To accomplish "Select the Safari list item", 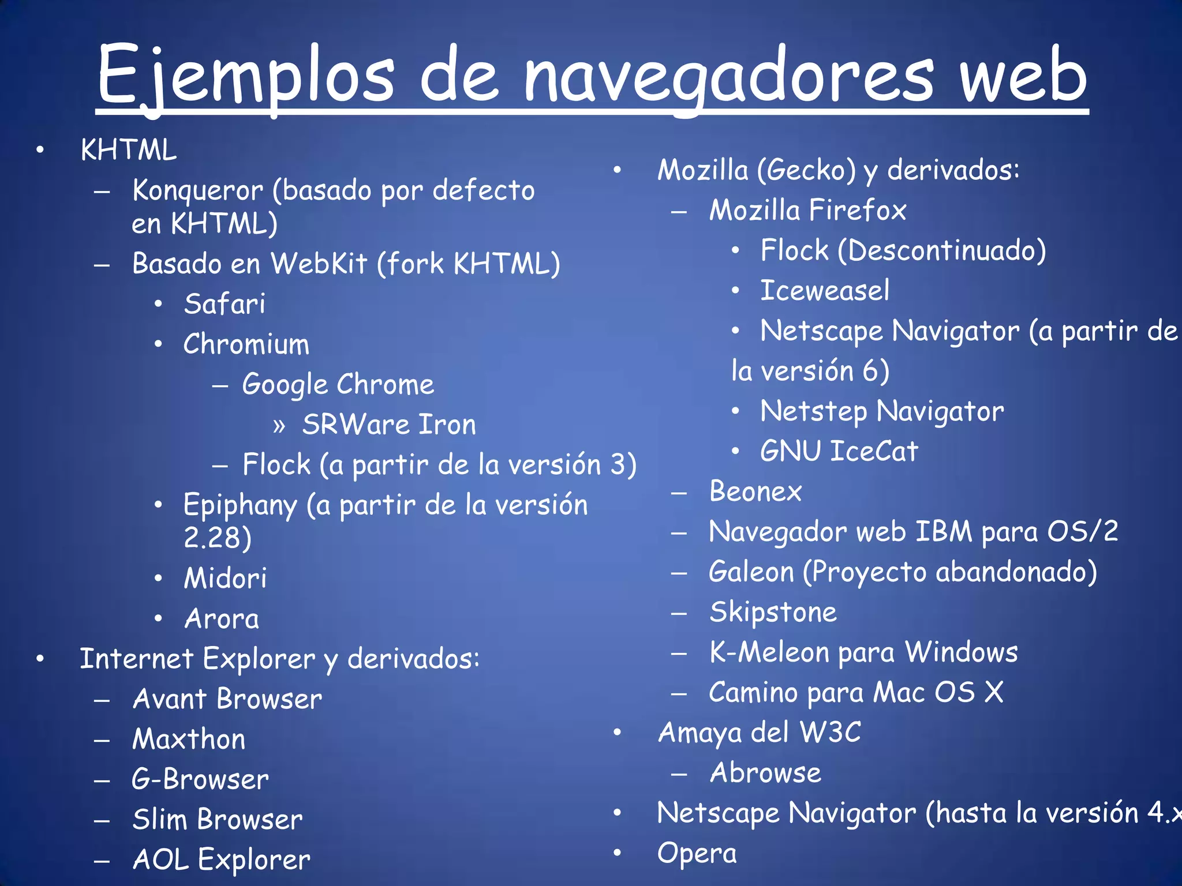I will [225, 304].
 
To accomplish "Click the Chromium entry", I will [246, 344].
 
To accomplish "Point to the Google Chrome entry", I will [338, 385].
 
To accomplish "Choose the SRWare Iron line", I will [389, 425].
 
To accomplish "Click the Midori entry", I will [225, 578].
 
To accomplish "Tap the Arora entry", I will [222, 619].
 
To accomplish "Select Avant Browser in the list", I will [227, 699].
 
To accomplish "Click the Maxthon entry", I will [189, 739].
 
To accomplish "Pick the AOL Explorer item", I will [221, 860].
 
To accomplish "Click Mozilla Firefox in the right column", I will [807, 210].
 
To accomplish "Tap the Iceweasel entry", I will [825, 290].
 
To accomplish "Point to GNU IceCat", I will [839, 451].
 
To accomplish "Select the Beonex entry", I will [755, 491].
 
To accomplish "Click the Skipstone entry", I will [773, 612].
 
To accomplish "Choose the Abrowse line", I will [765, 773].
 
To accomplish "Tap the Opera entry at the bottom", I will [697, 854].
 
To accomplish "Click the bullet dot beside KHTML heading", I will [40, 151].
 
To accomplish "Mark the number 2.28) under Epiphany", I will [218, 538].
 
